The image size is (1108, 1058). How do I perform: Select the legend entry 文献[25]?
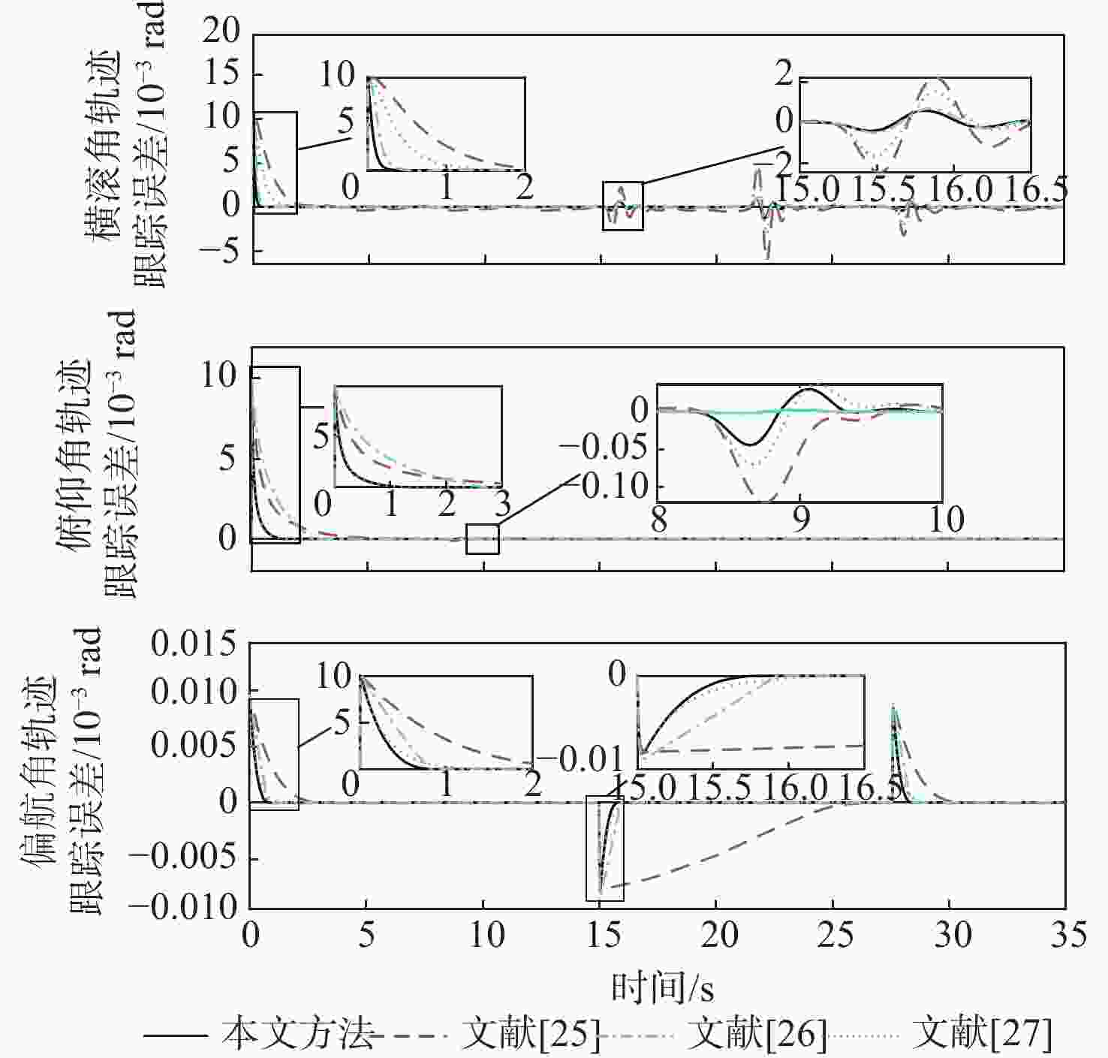click(530, 1035)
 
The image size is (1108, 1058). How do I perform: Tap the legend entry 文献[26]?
click(756, 1035)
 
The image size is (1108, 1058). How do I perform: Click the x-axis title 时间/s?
click(661, 987)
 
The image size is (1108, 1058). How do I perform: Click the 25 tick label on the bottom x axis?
click(835, 936)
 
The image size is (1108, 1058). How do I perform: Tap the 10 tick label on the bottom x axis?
click(486, 936)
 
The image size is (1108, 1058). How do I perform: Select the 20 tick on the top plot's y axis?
click(221, 32)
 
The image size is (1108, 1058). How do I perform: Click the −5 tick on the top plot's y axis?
click(221, 251)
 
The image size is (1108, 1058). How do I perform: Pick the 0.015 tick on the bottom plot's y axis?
click(194, 644)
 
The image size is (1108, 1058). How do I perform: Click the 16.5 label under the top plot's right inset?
click(1036, 188)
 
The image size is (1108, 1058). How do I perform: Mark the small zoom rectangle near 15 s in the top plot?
click(623, 206)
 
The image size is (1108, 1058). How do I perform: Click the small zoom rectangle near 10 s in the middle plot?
click(482, 539)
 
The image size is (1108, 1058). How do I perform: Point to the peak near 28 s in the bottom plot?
click(893, 706)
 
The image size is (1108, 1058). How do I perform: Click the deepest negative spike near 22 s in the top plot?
click(766, 257)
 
